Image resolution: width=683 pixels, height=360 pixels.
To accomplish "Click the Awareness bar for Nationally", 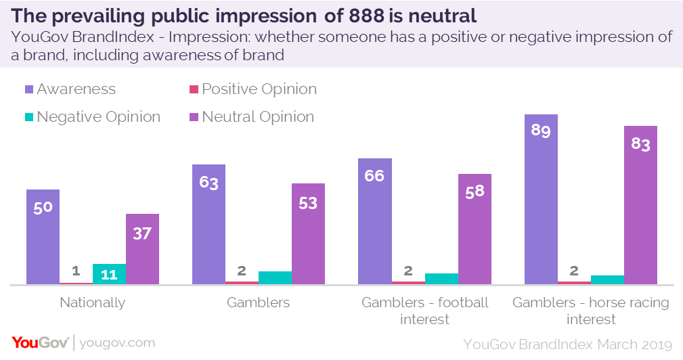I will click(43, 236).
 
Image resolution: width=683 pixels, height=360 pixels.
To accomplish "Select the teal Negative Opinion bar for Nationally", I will click(109, 273).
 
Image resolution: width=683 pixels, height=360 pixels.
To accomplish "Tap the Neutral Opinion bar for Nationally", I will click(142, 248).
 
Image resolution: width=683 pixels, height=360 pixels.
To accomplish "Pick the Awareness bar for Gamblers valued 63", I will click(208, 224).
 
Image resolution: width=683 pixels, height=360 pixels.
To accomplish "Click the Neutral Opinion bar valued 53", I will click(308, 233).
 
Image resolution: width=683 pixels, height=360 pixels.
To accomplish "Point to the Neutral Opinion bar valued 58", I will click(475, 229).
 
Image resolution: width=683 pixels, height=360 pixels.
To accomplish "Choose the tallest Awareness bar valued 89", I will click(541, 199).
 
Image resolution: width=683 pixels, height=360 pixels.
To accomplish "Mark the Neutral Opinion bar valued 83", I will click(640, 205).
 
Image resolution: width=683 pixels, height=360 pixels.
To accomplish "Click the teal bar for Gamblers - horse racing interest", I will click(607, 279).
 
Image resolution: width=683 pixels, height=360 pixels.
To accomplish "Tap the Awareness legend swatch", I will click(28, 89).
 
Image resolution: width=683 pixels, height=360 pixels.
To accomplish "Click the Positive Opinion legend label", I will click(259, 89).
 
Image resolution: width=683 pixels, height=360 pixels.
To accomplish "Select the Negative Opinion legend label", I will click(98, 117).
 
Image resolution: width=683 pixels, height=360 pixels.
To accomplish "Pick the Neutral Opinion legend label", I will click(257, 117).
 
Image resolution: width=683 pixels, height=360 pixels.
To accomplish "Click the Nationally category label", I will click(92, 302).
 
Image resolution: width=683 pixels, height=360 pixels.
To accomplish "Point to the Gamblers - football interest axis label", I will click(424, 311).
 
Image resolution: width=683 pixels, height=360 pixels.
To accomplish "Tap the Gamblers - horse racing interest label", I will click(590, 311).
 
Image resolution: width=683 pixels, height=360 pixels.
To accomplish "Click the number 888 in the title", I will click(361, 15).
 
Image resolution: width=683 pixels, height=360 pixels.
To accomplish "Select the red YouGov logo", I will click(39, 343).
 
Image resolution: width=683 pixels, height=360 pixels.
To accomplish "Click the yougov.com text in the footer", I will click(117, 343).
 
